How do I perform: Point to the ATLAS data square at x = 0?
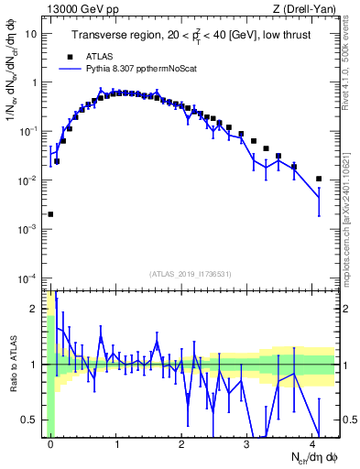(x=50, y=214)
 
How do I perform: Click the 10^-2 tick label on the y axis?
(x=27, y=180)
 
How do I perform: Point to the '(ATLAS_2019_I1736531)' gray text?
(x=191, y=274)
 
